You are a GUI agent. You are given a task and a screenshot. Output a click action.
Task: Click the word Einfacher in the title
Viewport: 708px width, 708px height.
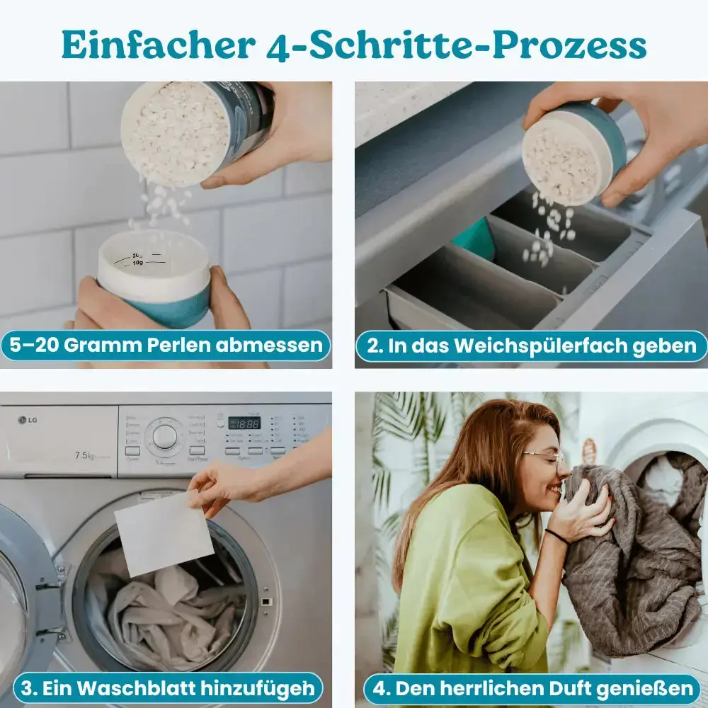[x=157, y=45]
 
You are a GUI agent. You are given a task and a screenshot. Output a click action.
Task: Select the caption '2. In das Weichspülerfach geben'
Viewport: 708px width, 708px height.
[x=531, y=346]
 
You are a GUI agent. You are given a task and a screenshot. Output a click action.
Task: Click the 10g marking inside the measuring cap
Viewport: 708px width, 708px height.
[x=139, y=263]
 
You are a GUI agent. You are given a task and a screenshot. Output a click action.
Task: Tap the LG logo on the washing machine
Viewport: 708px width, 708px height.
[x=28, y=421]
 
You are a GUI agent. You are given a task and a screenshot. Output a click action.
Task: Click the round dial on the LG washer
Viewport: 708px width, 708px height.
[x=165, y=436]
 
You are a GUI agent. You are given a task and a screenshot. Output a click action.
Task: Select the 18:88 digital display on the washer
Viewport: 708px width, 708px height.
[x=244, y=423]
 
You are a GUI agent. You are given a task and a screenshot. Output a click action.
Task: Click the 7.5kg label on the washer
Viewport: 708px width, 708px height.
[x=85, y=455]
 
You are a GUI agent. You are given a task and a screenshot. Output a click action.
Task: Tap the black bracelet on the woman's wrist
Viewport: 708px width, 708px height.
[x=556, y=537]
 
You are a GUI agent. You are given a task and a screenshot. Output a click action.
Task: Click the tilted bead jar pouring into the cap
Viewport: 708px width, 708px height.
[x=195, y=127]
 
